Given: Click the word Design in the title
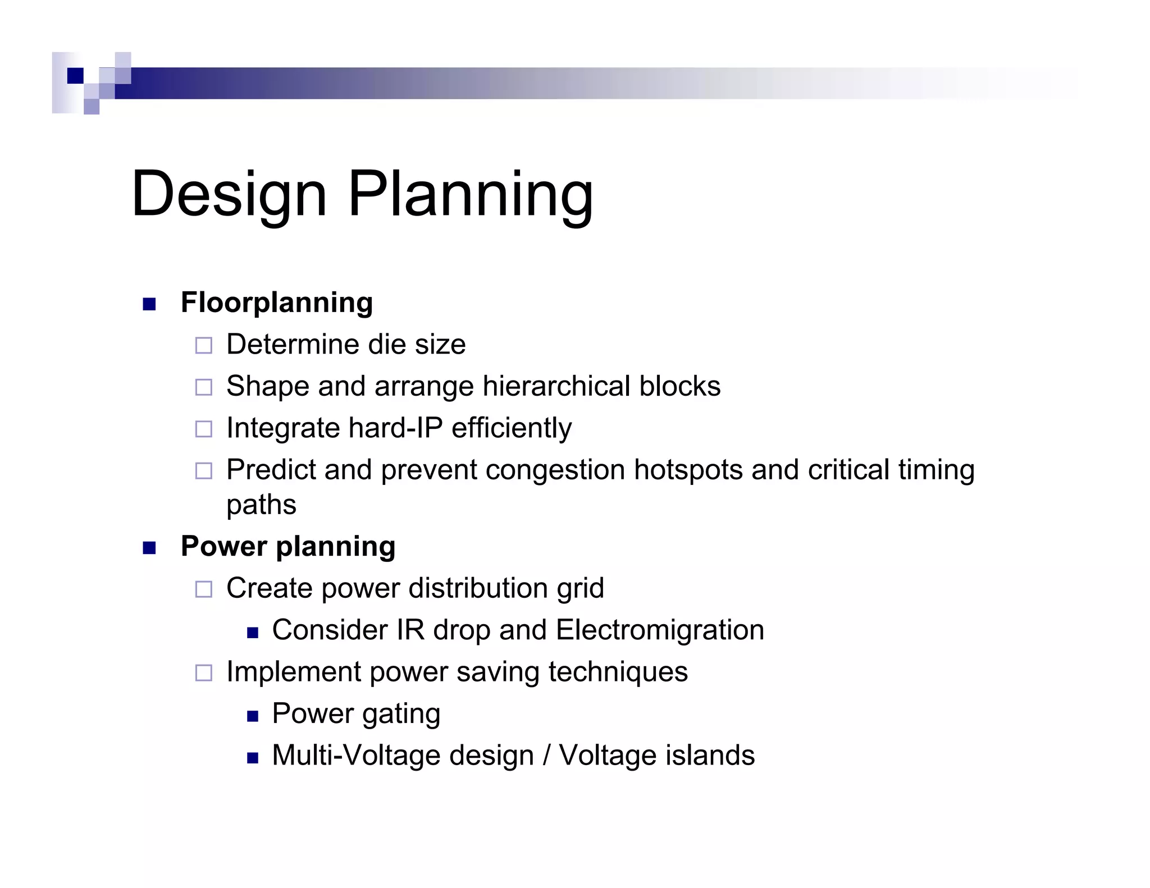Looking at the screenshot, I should point(229,194).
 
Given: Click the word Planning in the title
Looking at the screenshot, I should point(470,194).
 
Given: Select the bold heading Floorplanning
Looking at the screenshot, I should point(277,303).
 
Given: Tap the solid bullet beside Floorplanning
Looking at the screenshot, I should point(149,304).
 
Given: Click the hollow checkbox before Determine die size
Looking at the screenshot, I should point(203,345).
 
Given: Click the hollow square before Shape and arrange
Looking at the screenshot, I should point(203,387).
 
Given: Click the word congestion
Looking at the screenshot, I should point(555,470).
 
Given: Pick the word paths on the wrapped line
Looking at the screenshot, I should point(261,505).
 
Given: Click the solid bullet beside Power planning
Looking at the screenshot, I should point(149,548).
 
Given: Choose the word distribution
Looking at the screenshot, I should point(478,588).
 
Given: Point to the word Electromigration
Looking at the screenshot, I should point(660,630).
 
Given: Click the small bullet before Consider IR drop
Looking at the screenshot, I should point(252,633).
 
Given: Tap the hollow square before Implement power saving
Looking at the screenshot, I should point(203,672).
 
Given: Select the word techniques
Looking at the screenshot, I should point(618,672).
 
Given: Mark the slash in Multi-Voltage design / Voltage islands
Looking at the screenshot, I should point(546,756).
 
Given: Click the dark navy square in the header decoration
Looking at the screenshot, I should point(75,75).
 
